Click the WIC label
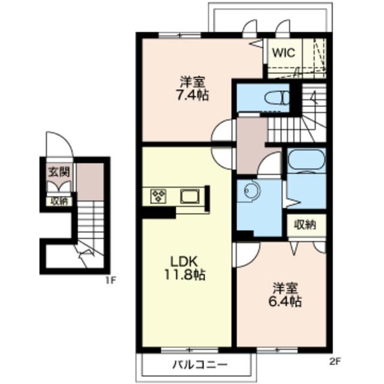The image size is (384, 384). (284, 52)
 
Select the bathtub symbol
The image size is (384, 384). (307, 160)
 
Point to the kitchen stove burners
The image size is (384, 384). (158, 196)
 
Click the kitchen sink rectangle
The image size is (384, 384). (190, 196)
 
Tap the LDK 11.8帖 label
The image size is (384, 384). (185, 268)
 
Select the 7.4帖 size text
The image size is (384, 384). (193, 95)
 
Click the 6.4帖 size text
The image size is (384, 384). (286, 301)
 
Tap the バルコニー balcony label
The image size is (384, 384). (200, 365)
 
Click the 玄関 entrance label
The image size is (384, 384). (59, 172)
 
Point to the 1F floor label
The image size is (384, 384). (110, 280)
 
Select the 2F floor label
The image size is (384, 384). (335, 362)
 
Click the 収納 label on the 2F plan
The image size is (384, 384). (305, 224)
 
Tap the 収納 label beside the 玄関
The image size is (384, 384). (59, 202)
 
